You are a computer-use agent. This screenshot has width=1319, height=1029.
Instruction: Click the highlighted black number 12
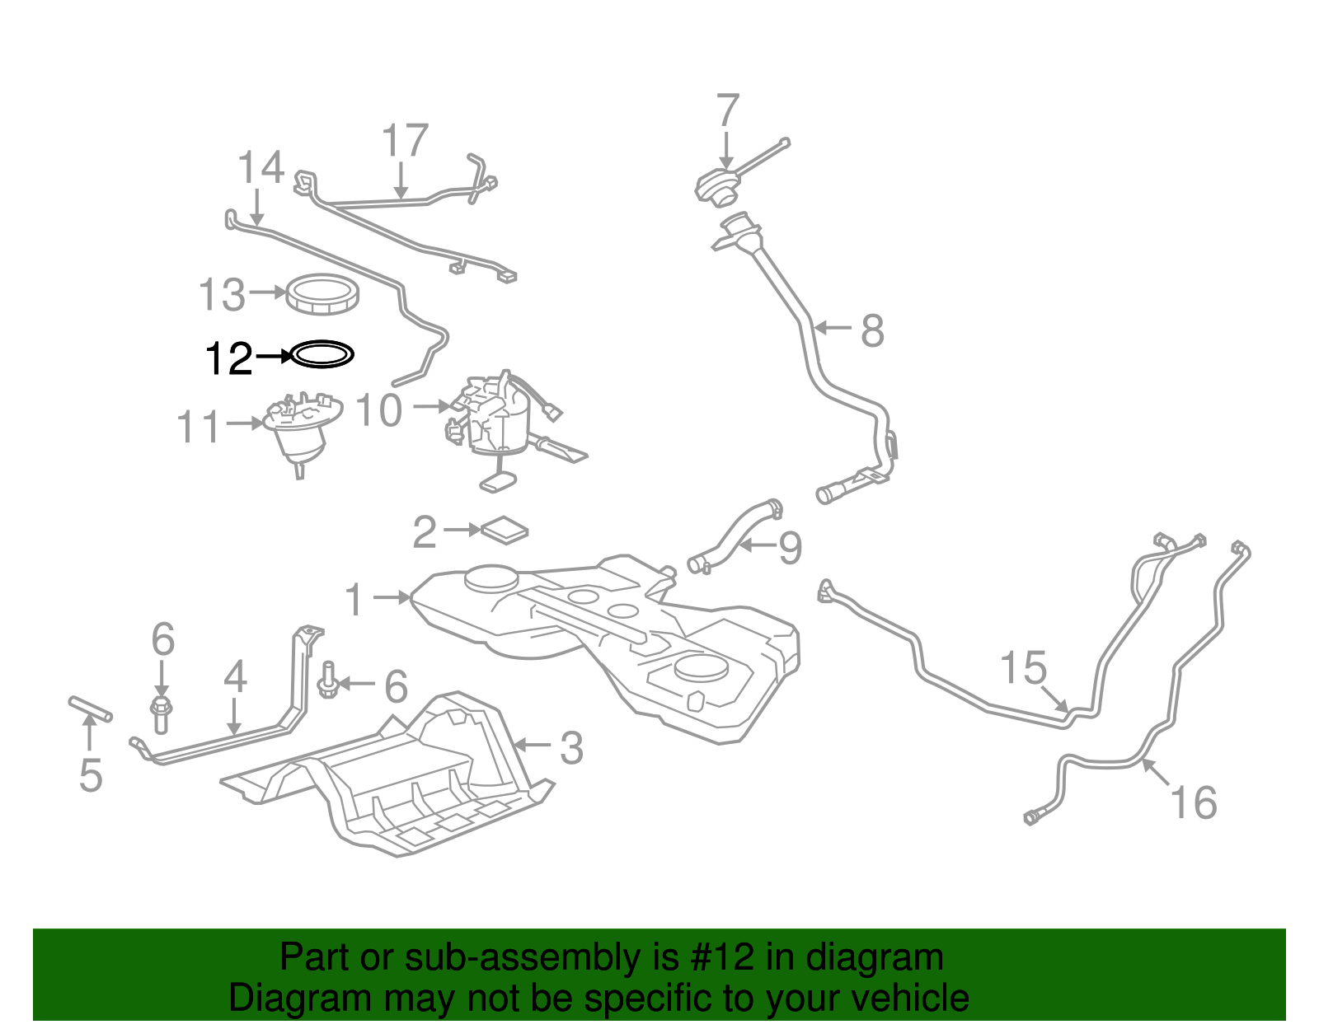tap(228, 358)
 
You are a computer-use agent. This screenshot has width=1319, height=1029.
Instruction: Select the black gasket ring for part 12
tap(323, 354)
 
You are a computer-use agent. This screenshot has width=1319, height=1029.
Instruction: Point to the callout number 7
tap(727, 110)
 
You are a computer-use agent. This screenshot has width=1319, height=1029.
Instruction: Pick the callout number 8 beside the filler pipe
tap(872, 331)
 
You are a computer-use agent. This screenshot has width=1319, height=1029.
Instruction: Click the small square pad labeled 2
tap(505, 530)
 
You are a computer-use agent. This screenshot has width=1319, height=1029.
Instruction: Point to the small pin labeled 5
tap(90, 709)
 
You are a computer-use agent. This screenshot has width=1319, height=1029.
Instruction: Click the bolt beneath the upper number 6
tap(161, 713)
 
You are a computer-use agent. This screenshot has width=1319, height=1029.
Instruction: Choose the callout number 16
tap(1193, 802)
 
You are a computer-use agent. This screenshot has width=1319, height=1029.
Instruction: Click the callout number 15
tap(1023, 668)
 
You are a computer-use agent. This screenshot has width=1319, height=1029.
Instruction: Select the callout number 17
tap(405, 141)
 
